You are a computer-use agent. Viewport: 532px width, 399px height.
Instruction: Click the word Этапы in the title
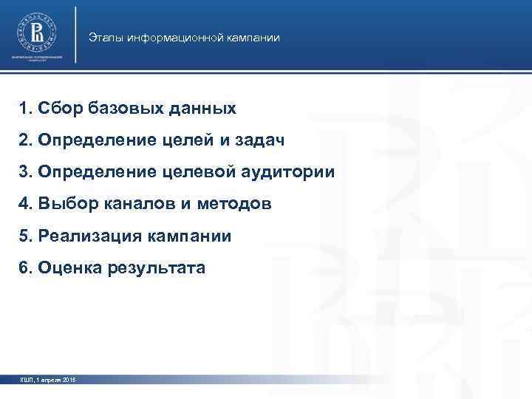(x=104, y=37)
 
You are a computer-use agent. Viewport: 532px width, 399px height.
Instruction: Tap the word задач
(x=259, y=140)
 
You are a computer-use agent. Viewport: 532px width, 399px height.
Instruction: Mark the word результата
(x=158, y=268)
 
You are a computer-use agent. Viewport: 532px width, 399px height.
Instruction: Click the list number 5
(x=25, y=236)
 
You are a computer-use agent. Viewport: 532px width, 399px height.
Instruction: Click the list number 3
(x=25, y=172)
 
